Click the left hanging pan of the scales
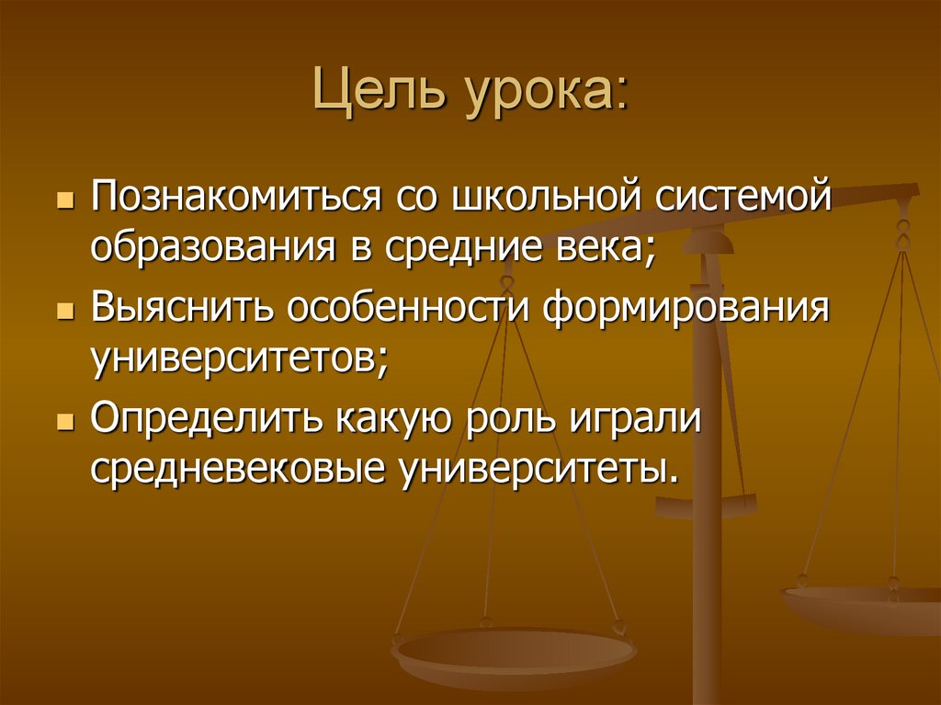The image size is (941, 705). (x=514, y=654)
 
